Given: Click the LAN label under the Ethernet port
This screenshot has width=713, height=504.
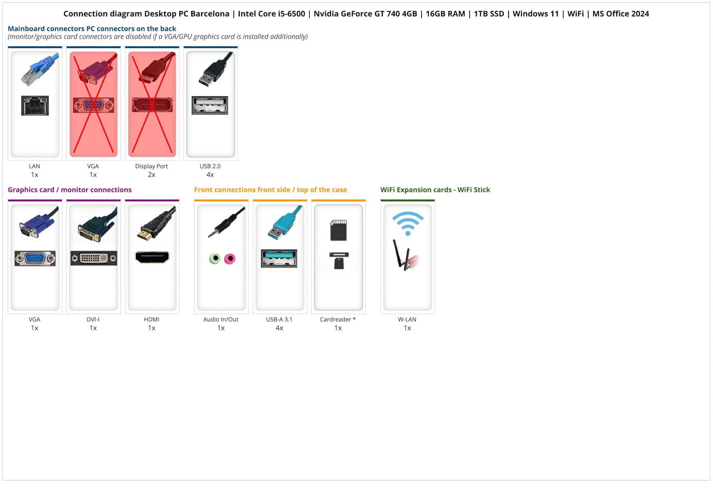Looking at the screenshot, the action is [x=34, y=166].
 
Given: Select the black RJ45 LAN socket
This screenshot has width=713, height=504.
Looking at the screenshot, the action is [x=35, y=106].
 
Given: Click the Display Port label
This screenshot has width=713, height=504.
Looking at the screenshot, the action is [x=151, y=166].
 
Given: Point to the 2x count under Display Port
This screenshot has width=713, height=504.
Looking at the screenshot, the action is [x=151, y=175].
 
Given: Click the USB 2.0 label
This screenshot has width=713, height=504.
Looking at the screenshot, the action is [x=210, y=166].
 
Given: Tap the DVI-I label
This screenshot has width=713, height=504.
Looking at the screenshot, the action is [x=93, y=319].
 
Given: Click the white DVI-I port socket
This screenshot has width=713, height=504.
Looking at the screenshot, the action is [x=94, y=258].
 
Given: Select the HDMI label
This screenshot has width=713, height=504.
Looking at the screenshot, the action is [x=151, y=319].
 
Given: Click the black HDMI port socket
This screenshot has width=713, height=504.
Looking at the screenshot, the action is [x=152, y=257].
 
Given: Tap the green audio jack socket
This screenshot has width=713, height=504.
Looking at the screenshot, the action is [x=215, y=259].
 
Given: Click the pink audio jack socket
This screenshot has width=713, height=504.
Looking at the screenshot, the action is [x=230, y=259].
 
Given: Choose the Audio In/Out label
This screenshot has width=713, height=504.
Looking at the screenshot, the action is [x=221, y=319].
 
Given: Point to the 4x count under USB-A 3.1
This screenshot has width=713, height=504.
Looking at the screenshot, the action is [x=279, y=328].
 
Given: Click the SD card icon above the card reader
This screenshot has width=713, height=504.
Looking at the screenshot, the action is [x=338, y=230].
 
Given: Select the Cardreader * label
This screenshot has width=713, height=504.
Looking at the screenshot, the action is [x=338, y=319].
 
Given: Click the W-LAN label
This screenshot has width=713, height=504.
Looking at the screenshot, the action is [x=407, y=319].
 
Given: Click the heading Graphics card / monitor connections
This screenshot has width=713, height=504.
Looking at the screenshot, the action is [x=70, y=190].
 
